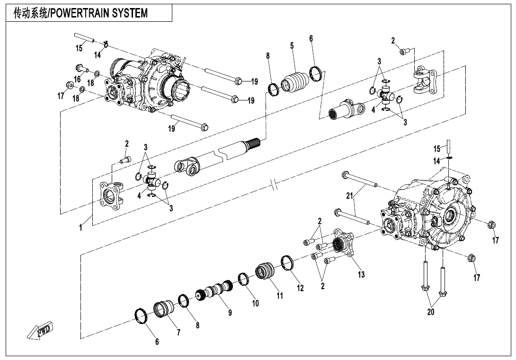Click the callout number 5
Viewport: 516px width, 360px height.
[292, 45]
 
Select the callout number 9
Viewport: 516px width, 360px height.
[230, 313]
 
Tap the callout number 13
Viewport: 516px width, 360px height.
[361, 274]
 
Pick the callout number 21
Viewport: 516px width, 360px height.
[349, 196]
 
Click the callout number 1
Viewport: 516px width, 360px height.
[81, 228]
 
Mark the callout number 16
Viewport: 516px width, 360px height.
[77, 79]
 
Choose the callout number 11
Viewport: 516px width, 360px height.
[280, 296]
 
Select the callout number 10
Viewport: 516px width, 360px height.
[255, 304]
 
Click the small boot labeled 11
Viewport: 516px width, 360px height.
[265, 272]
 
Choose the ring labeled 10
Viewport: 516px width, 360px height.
[244, 279]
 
